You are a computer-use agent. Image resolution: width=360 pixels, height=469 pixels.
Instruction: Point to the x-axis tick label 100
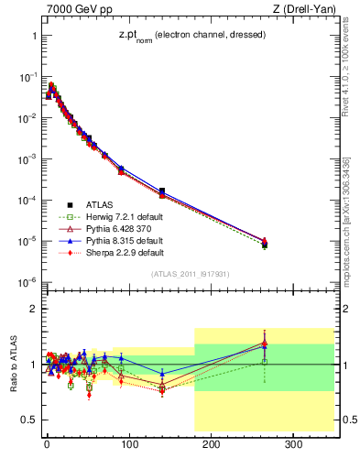pos(129,444)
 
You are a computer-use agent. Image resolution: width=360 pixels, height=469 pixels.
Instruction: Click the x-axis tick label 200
pos(212,444)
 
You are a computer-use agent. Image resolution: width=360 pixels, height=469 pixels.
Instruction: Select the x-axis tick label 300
pos(294,444)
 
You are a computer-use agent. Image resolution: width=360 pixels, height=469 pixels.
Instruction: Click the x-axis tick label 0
pos(47,444)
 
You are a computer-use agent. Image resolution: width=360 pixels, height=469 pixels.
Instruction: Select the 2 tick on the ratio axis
pos(32,309)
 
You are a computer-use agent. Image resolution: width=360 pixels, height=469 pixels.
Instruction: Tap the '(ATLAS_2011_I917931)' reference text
pos(190,275)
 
